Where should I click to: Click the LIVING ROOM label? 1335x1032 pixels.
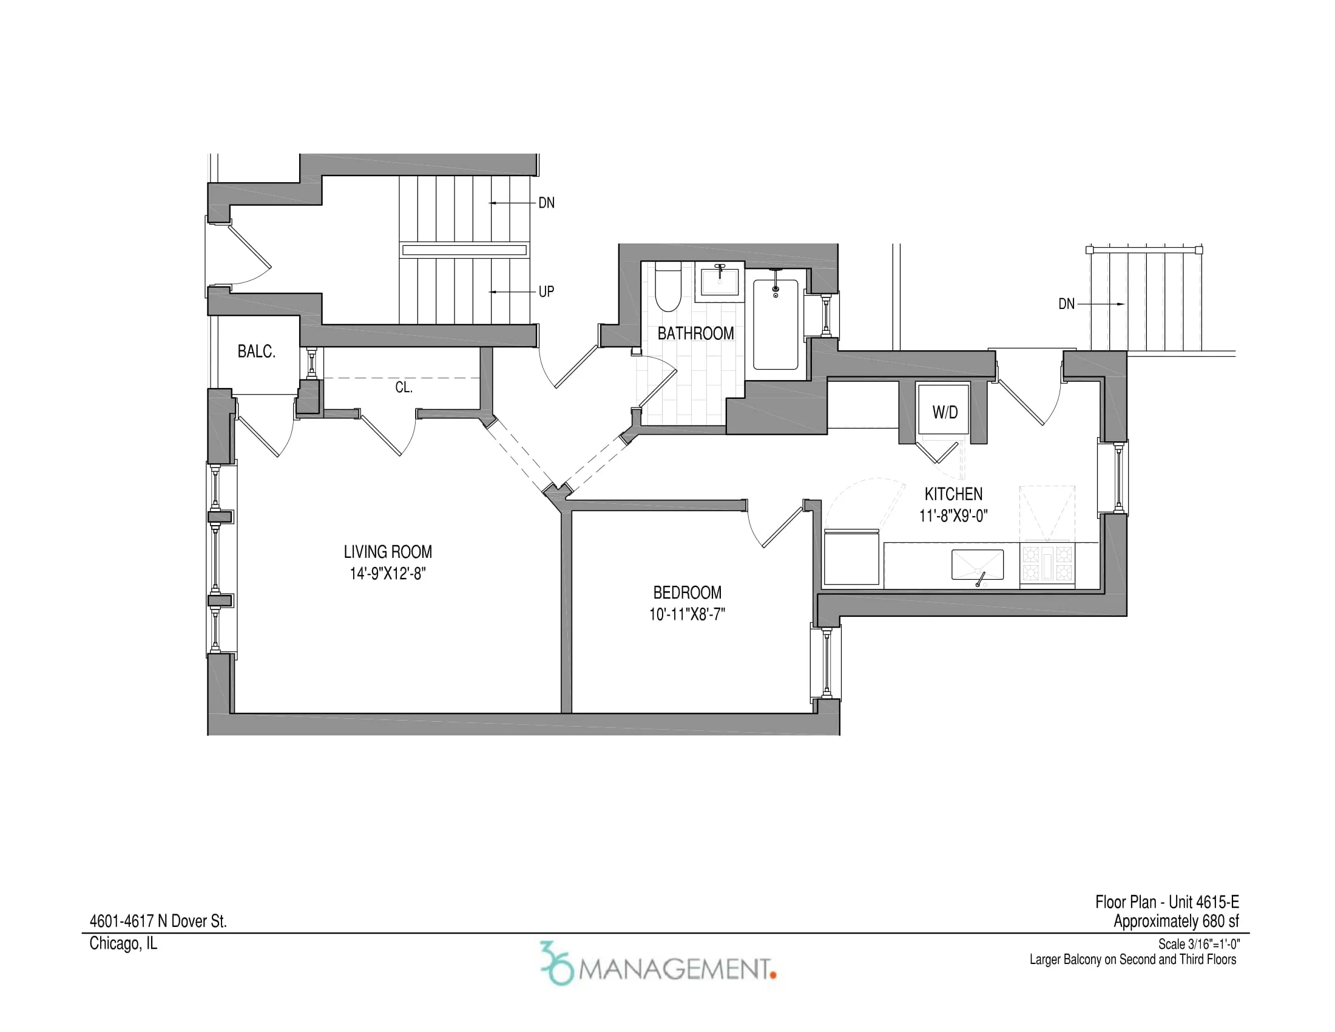coord(388,552)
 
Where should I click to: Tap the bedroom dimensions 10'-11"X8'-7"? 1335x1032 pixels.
coord(687,614)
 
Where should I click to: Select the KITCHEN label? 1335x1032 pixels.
coord(953,494)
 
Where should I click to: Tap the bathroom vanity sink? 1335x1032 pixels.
coord(720,282)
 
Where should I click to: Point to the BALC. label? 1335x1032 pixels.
coord(256,351)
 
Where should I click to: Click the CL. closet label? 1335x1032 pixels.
coord(404,388)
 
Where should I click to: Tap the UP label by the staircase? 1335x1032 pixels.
coord(546,292)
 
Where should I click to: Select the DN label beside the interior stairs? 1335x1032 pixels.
coord(546,203)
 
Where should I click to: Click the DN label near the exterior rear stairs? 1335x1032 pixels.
coord(1066,304)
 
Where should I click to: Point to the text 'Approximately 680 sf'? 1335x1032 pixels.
coord(1175,922)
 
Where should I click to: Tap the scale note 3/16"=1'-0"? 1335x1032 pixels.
coord(1198,944)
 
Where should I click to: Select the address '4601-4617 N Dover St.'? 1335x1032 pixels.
coord(158,922)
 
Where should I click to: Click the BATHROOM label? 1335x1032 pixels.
coord(695,334)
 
